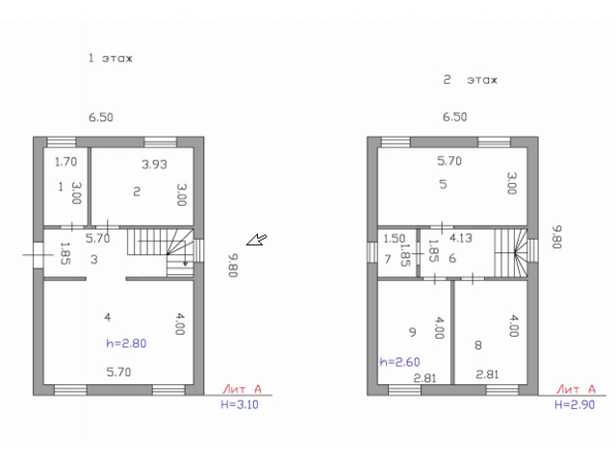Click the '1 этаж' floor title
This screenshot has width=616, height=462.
tap(111, 58)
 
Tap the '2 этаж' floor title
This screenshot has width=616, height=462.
tap(470, 80)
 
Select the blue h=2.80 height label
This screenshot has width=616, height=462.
tap(126, 344)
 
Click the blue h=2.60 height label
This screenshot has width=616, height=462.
tap(399, 362)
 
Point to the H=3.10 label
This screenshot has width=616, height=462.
tap(240, 404)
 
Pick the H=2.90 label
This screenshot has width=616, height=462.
tap(575, 404)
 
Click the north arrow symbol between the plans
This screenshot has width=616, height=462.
tap(257, 240)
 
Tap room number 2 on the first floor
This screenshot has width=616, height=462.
tap(137, 192)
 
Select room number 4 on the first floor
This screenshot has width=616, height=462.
tap(108, 317)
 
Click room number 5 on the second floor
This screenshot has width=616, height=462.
tap(443, 184)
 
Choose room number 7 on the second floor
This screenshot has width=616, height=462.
tap(388, 259)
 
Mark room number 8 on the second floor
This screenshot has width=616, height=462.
tap(477, 345)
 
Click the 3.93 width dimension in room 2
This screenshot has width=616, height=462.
tap(154, 165)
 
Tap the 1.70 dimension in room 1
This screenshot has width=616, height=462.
tap(65, 162)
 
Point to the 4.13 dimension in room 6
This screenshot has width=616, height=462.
tap(461, 238)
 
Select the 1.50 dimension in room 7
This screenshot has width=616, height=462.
tap(394, 239)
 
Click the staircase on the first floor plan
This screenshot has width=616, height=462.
tap(161, 252)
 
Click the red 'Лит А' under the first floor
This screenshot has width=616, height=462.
tap(242, 389)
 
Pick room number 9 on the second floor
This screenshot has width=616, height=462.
tap(412, 332)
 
